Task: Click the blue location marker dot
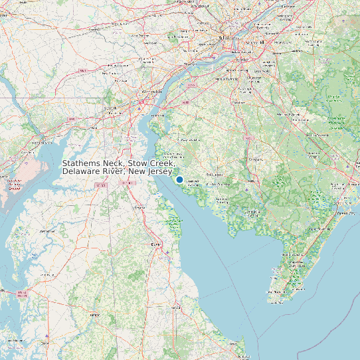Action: (179, 179)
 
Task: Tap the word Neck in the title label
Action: (117, 163)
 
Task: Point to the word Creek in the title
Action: (163, 163)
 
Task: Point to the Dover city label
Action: (157, 244)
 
